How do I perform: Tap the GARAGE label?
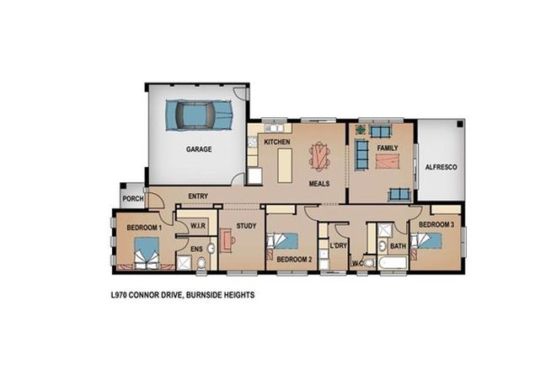tap(199, 149)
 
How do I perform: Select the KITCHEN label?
tap(277, 142)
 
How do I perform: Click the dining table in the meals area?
tap(320, 158)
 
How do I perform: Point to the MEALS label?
tap(318, 183)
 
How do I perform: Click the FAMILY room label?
tap(388, 148)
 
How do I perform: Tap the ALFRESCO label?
tap(440, 168)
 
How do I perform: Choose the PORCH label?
tap(132, 200)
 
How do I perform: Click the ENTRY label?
tap(198, 196)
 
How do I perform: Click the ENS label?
tap(195, 250)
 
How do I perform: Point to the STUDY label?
tap(246, 225)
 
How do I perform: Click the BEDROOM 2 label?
tap(295, 259)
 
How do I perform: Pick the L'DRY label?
tap(339, 245)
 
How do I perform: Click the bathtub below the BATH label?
tap(393, 264)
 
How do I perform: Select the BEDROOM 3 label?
tap(436, 224)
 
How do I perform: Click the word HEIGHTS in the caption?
tap(236, 295)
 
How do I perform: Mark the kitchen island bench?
tap(285, 163)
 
